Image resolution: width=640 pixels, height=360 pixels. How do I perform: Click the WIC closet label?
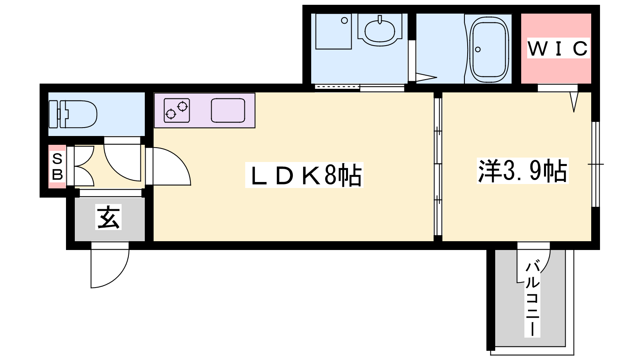(x=558, y=48)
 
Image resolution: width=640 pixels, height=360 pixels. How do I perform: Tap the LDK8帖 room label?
(x=304, y=175)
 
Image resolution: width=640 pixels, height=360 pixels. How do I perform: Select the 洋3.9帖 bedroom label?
(x=522, y=171)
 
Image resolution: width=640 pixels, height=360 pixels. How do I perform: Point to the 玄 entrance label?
(x=108, y=217)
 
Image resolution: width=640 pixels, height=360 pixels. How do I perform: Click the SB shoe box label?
(x=58, y=166)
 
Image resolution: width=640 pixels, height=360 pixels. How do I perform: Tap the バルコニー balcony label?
(x=532, y=298)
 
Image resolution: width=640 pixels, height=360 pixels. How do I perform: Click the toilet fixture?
(x=73, y=114)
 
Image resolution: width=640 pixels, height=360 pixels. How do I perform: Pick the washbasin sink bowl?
(x=380, y=32)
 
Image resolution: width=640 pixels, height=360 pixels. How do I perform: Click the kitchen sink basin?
(x=228, y=110)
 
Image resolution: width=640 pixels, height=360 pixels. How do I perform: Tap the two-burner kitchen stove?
(x=177, y=110)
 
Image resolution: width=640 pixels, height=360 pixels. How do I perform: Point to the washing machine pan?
(x=334, y=32)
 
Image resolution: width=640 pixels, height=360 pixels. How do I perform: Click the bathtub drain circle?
(x=478, y=50)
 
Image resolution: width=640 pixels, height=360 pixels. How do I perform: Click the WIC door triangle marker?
(x=574, y=102)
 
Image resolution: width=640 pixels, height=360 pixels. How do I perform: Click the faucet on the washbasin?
(x=380, y=20)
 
